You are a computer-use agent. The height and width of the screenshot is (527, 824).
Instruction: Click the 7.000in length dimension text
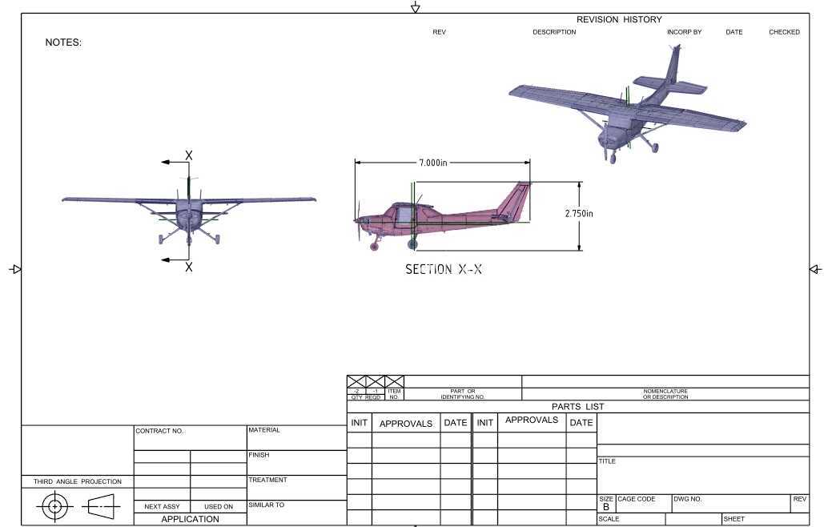click(x=433, y=163)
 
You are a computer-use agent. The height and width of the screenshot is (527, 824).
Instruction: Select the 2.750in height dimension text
click(x=579, y=213)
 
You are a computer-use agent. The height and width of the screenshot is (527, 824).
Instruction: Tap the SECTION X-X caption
click(x=444, y=269)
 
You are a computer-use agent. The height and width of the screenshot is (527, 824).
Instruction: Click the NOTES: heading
click(x=63, y=42)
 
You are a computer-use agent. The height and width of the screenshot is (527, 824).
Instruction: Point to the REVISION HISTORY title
click(x=619, y=19)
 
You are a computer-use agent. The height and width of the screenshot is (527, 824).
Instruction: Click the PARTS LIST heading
click(x=577, y=407)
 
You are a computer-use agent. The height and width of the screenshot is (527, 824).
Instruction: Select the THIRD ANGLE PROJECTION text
click(x=77, y=481)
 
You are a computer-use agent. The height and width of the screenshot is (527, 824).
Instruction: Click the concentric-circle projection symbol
click(x=54, y=506)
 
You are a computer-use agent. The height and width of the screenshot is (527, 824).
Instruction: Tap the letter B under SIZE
click(x=606, y=507)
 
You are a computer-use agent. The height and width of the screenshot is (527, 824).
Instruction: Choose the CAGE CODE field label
click(x=637, y=499)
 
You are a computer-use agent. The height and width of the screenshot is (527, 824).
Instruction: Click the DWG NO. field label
click(x=688, y=499)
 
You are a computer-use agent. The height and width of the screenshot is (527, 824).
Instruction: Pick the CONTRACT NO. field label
click(x=160, y=431)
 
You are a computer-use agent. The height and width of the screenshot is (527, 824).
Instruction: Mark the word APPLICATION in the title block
click(x=191, y=519)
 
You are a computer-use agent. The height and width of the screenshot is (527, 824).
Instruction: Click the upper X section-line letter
click(x=189, y=155)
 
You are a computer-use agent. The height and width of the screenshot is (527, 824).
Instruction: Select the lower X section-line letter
click(x=189, y=268)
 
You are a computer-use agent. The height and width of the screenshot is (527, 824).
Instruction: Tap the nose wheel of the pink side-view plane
click(x=375, y=247)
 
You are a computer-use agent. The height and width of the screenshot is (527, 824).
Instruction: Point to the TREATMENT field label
click(x=268, y=480)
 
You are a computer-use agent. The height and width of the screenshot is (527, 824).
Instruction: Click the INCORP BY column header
click(x=684, y=32)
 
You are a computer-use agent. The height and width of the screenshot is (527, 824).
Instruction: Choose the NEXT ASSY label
click(x=162, y=506)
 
